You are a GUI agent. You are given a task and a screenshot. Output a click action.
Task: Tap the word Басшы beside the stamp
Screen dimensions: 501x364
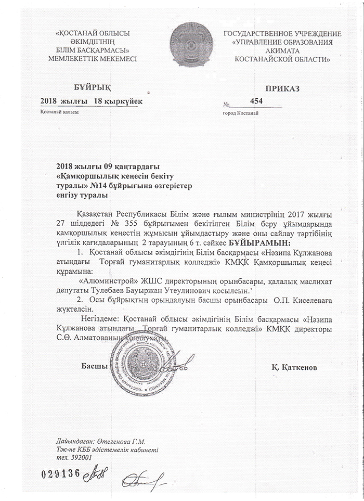tap(94, 366)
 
